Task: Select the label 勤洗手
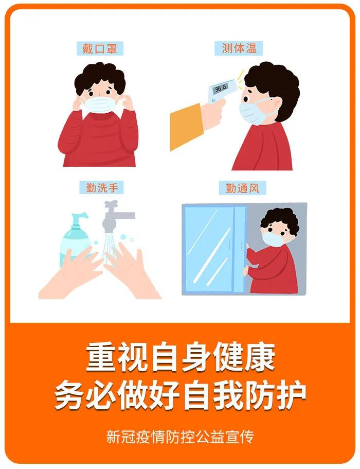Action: coord(99,188)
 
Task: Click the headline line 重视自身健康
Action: coord(180,357)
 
